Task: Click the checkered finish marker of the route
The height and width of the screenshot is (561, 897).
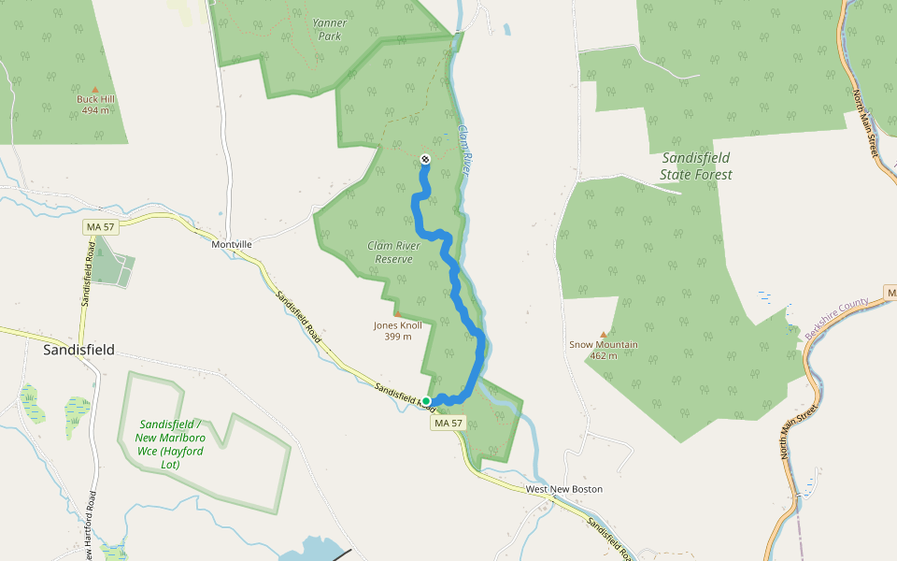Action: [426, 159]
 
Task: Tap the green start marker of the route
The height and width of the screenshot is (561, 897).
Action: [427, 401]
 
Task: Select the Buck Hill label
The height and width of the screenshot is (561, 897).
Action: [94, 99]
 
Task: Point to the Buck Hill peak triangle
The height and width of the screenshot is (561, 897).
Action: [94, 89]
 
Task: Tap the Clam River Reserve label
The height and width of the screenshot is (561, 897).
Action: [390, 252]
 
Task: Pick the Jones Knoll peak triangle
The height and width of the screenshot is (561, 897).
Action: [397, 314]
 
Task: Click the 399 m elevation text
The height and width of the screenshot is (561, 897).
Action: [397, 337]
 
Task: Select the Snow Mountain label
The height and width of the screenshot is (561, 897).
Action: [604, 344]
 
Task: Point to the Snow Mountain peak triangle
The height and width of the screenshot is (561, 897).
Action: [604, 334]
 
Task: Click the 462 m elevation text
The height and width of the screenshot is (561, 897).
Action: [604, 355]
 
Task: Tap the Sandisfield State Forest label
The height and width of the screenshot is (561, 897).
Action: [696, 165]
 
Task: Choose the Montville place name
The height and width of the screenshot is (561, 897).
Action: [232, 244]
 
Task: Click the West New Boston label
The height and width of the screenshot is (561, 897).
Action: [563, 489]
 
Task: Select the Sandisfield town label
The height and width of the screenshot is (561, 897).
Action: [79, 350]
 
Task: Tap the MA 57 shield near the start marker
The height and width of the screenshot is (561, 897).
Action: [448, 424]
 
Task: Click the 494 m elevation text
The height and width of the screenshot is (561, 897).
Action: [94, 110]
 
